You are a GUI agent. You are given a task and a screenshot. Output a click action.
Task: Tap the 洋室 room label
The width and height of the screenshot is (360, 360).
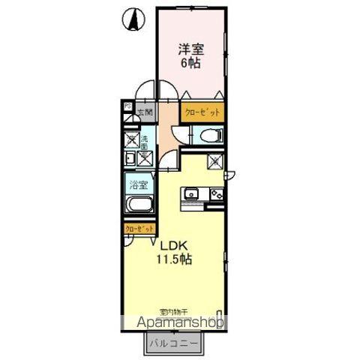click(191, 49)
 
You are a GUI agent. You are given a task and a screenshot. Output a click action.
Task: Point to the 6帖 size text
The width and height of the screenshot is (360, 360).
click(191, 63)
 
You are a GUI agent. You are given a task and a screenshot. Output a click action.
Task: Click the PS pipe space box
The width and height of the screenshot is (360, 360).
click(127, 107)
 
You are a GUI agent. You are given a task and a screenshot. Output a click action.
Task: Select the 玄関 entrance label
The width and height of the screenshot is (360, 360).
click(142, 114)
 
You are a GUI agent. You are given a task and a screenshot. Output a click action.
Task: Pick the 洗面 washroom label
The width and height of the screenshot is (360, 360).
click(144, 141)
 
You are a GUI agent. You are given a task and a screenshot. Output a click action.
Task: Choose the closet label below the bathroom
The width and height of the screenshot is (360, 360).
click(140, 228)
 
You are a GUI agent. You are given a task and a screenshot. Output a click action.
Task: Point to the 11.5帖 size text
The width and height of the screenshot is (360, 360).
click(174, 259)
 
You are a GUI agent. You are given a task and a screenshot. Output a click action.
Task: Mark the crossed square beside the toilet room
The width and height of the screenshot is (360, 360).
click(214, 160)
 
